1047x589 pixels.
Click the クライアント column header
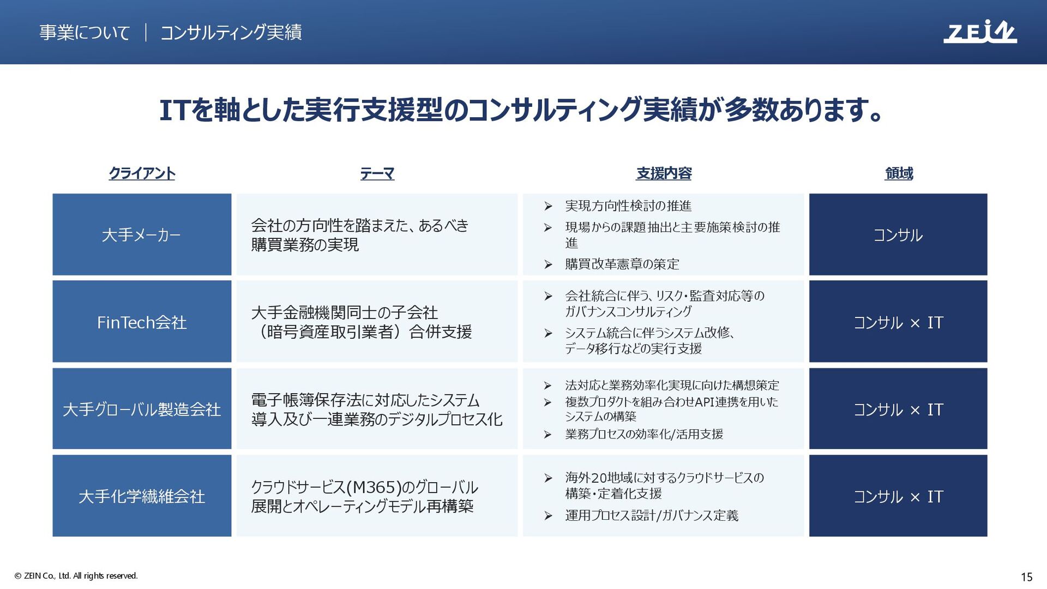click(x=142, y=173)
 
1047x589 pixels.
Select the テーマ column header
click(x=377, y=173)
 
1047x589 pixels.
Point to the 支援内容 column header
click(x=664, y=173)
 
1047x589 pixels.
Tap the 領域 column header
click(x=899, y=173)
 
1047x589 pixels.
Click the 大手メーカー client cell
click(x=142, y=235)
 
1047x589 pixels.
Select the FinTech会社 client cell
click(x=142, y=322)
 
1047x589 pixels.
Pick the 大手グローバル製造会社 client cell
click(x=142, y=408)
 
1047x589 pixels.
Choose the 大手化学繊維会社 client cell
click(x=142, y=496)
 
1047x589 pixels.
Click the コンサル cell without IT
click(x=898, y=235)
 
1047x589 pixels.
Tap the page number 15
click(x=1026, y=576)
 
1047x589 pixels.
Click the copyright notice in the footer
click(x=76, y=576)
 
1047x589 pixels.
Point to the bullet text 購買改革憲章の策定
click(x=622, y=264)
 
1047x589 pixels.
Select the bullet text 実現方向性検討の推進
click(x=628, y=206)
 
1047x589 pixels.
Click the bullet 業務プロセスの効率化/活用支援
click(x=644, y=434)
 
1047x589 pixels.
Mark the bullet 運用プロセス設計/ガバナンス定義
click(x=652, y=515)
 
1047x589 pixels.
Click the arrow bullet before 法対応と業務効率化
click(x=548, y=386)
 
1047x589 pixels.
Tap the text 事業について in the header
click(x=85, y=32)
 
